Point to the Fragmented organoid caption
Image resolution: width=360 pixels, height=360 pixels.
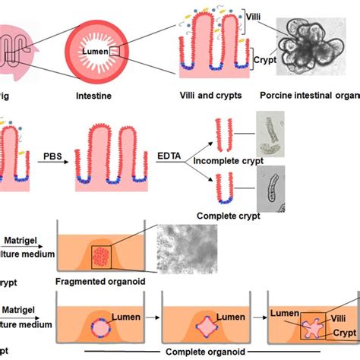point(101,283)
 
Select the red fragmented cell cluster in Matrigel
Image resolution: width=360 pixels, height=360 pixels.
point(103,257)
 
